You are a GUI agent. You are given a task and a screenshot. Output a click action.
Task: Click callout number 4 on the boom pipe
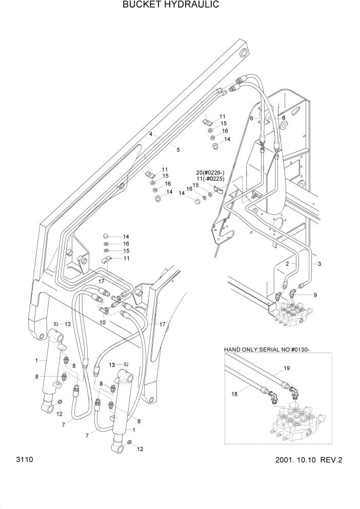coord(151,134)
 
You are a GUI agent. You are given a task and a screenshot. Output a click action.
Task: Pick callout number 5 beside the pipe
coord(177,149)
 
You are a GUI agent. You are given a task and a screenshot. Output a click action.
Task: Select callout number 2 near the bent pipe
coord(288,263)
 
